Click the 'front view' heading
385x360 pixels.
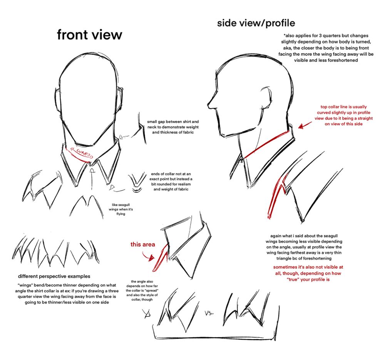pyautogui.click(x=89, y=35)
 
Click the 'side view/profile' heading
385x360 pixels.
pyautogui.click(x=256, y=23)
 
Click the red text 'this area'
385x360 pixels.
pyautogui.click(x=143, y=244)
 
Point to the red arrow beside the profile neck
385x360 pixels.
pyautogui.click(x=305, y=125)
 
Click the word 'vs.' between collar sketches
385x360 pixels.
pyautogui.click(x=209, y=313)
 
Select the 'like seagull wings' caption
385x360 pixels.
pyautogui.click(x=121, y=209)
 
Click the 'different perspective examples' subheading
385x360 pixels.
pyautogui.click(x=54, y=276)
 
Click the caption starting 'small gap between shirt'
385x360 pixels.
pyautogui.click(x=173, y=127)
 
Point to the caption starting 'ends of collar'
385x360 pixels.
pyautogui.click(x=171, y=182)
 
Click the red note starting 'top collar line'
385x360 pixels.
pyautogui.click(x=343, y=115)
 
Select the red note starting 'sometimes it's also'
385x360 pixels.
pyautogui.click(x=308, y=273)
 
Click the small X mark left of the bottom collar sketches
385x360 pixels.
pyautogui.click(x=147, y=314)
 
